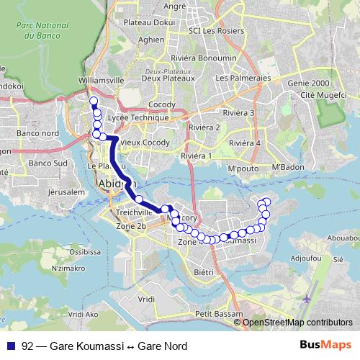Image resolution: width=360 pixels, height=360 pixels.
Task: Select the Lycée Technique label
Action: pos(137,117)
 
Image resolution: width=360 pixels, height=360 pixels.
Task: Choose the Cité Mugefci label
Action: pos(307,95)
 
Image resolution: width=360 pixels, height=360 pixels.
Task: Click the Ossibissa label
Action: pos(86,252)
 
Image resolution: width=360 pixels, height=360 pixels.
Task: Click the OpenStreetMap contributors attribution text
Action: pos(297,323)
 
